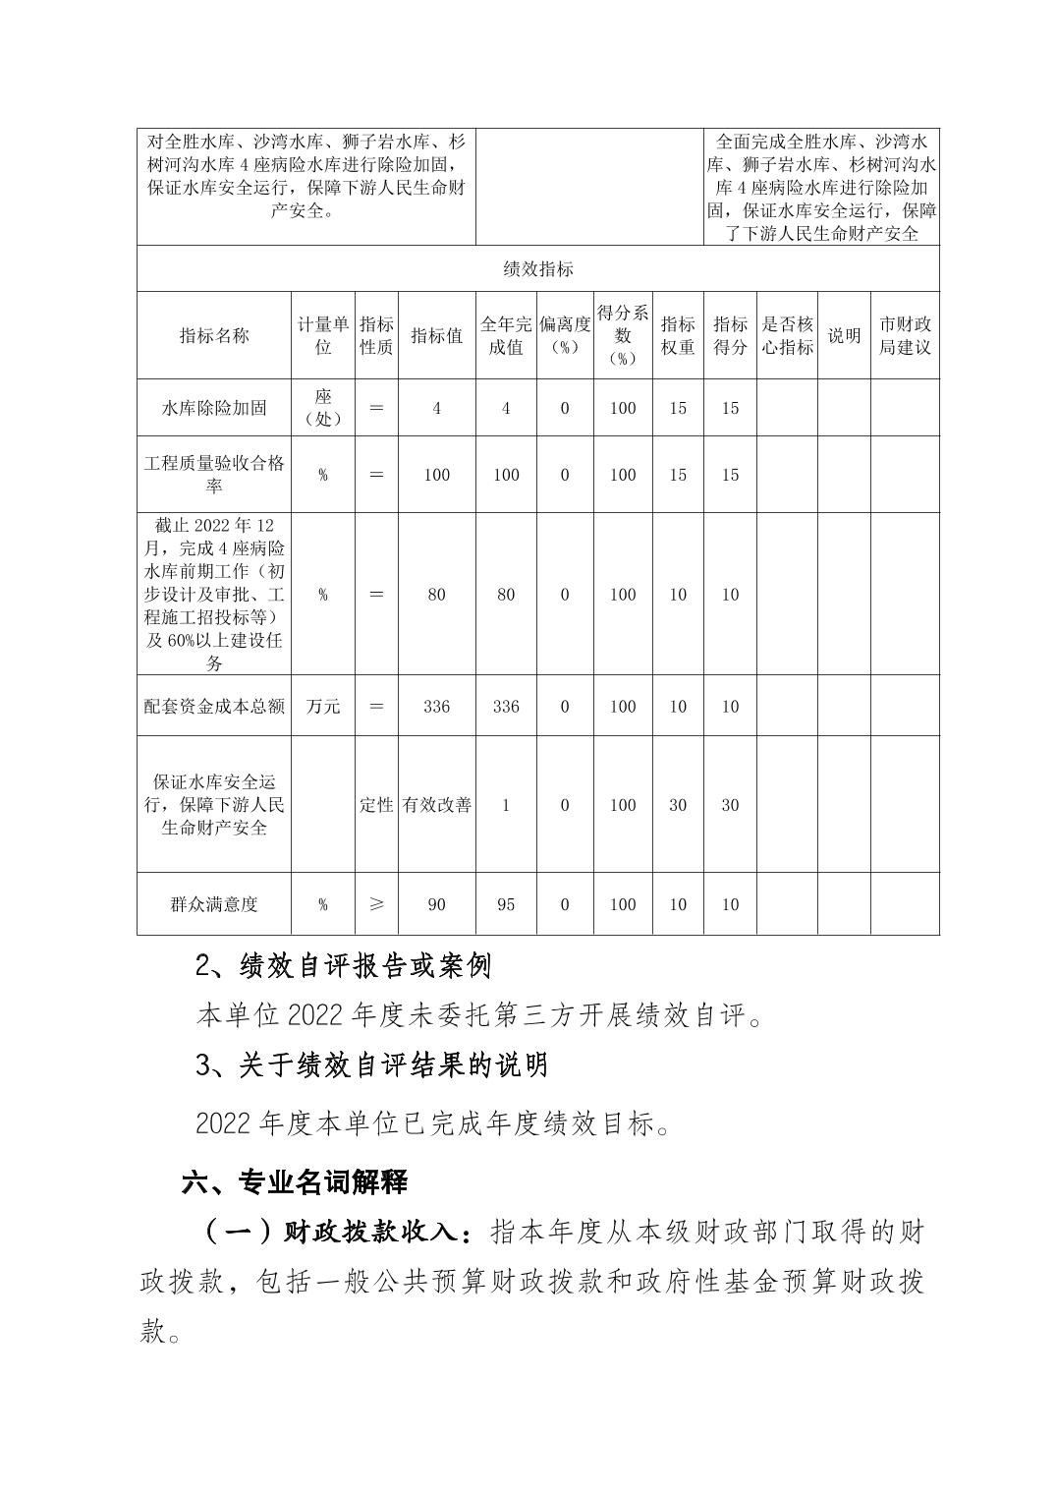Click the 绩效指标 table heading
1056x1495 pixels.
pos(537,269)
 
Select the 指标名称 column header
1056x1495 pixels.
pos(214,336)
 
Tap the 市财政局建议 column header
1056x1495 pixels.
pos(904,336)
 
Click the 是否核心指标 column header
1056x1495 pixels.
pos(787,336)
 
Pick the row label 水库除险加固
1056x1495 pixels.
pos(214,408)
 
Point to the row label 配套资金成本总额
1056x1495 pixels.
pos(214,707)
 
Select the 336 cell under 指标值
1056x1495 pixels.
pos(436,707)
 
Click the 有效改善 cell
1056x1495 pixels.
pos(436,805)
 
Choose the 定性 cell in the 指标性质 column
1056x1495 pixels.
pos(375,805)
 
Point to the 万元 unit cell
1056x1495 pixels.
pos(323,707)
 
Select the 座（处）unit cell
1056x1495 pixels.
pos(323,408)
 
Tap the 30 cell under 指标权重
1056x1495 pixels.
pos(678,805)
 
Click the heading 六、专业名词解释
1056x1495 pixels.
pos(294,1181)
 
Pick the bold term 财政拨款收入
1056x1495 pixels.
pos(369,1233)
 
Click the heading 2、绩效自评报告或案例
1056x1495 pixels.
pos(343,967)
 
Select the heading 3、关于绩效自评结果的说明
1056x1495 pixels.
pos(371,1065)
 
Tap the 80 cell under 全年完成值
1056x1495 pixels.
pos(506,595)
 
